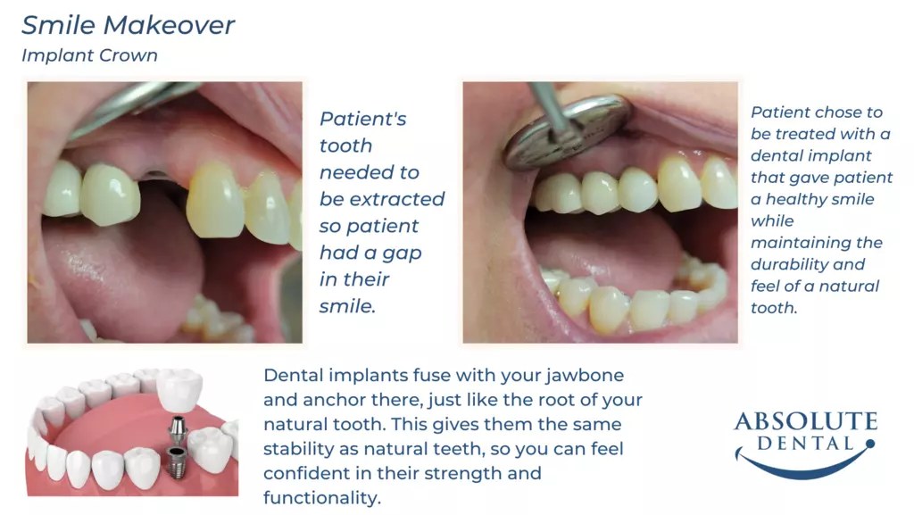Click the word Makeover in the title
(169, 25)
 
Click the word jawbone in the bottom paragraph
(585, 375)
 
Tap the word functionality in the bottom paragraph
(321, 498)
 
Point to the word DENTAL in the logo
(805, 444)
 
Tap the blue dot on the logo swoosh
(870, 444)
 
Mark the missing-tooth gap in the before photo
(163, 189)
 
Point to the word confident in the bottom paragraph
(307, 474)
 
